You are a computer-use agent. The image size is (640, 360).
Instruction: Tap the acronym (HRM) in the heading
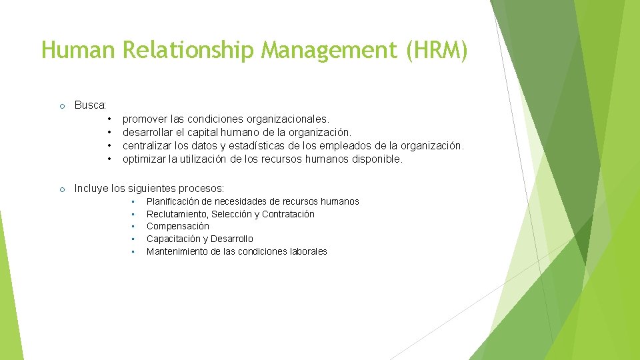coord(435,51)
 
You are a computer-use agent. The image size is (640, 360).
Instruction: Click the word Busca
coord(89,105)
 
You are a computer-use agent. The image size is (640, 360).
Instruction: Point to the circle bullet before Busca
coord(61,106)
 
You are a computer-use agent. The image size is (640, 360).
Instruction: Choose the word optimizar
coord(143,159)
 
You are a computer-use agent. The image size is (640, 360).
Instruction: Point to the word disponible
coord(378,159)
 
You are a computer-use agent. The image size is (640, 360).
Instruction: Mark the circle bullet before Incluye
coord(61,189)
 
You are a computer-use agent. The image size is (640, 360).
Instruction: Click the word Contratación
coord(288,214)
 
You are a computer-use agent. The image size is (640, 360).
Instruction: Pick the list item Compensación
coord(177,226)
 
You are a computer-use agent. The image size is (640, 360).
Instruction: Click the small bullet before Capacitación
coord(133,239)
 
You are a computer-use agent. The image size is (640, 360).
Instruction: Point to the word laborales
coord(305,251)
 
